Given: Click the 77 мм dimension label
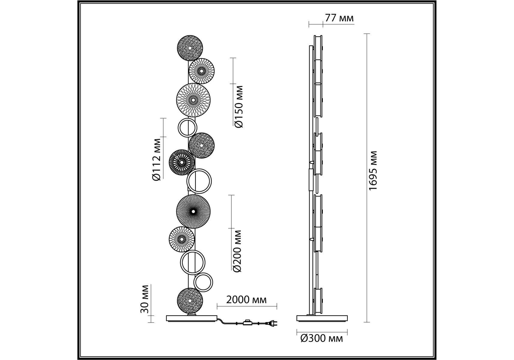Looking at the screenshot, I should pos(339,18).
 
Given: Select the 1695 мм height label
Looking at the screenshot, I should pos(373,171).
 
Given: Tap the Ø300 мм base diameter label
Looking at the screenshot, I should pos(321,339).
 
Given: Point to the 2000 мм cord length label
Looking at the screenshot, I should pos(246,300).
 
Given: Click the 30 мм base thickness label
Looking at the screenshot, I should pos(145,299).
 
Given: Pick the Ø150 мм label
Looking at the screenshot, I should pos(239,107).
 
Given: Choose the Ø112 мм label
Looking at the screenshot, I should pos(157,159).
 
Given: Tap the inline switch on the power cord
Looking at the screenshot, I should pos(247,323).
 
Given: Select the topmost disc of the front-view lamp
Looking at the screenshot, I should pos(190,48).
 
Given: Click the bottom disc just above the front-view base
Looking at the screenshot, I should pos(190,300).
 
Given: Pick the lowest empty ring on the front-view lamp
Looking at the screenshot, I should pos(203,282).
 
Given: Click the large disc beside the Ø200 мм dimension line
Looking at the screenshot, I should pos(193,211).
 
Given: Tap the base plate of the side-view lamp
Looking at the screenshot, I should pos(322,318).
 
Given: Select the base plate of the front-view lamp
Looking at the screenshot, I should pos(192,318).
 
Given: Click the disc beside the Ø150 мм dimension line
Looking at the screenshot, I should pos(201,71).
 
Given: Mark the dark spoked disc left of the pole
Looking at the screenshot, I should pos(182,162).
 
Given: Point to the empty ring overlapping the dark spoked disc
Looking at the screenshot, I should pos(199,181).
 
